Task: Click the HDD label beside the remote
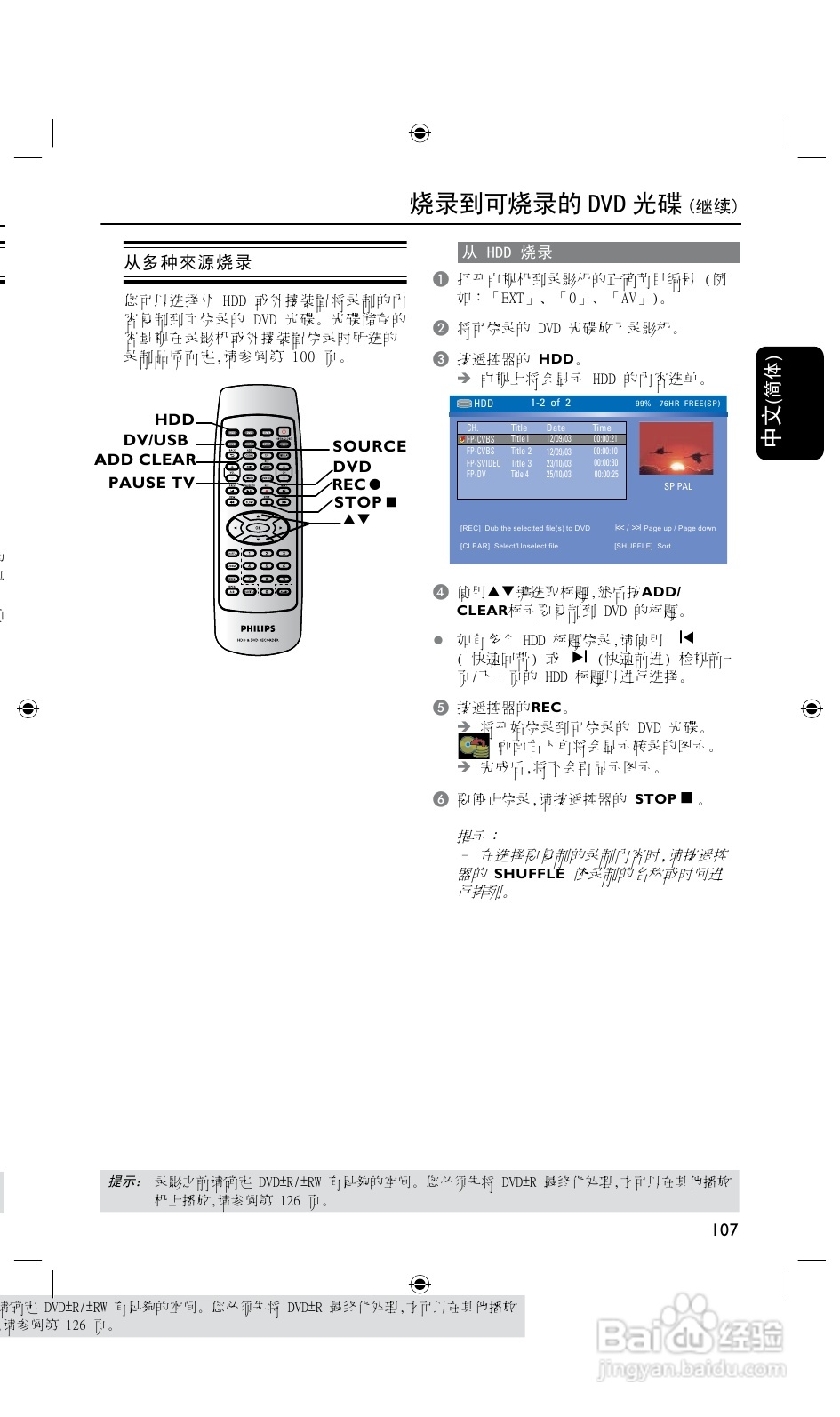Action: coord(174,420)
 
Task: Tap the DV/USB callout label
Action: coord(156,440)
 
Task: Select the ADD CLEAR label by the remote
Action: coord(145,460)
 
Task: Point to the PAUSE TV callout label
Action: coord(151,483)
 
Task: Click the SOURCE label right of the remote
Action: coord(369,446)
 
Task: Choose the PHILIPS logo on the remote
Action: coord(258,628)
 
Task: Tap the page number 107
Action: coord(724,1229)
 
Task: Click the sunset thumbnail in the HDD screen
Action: coord(676,450)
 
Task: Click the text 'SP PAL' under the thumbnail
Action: coord(677,487)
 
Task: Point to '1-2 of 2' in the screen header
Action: coord(550,403)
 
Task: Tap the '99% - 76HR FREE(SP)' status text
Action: coord(677,404)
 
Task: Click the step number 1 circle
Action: coord(440,279)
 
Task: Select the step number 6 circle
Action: coord(440,799)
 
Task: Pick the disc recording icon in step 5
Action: coord(473,747)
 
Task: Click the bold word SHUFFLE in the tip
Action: coord(529,874)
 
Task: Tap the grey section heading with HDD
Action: coord(598,252)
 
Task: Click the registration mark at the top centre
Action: coord(420,133)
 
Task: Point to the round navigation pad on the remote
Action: coord(258,527)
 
